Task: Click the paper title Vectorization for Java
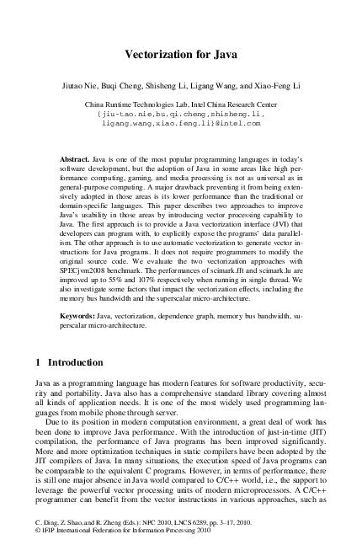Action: (x=180, y=55)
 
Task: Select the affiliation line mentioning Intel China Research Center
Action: (x=180, y=103)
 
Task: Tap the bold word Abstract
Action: (x=76, y=158)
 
